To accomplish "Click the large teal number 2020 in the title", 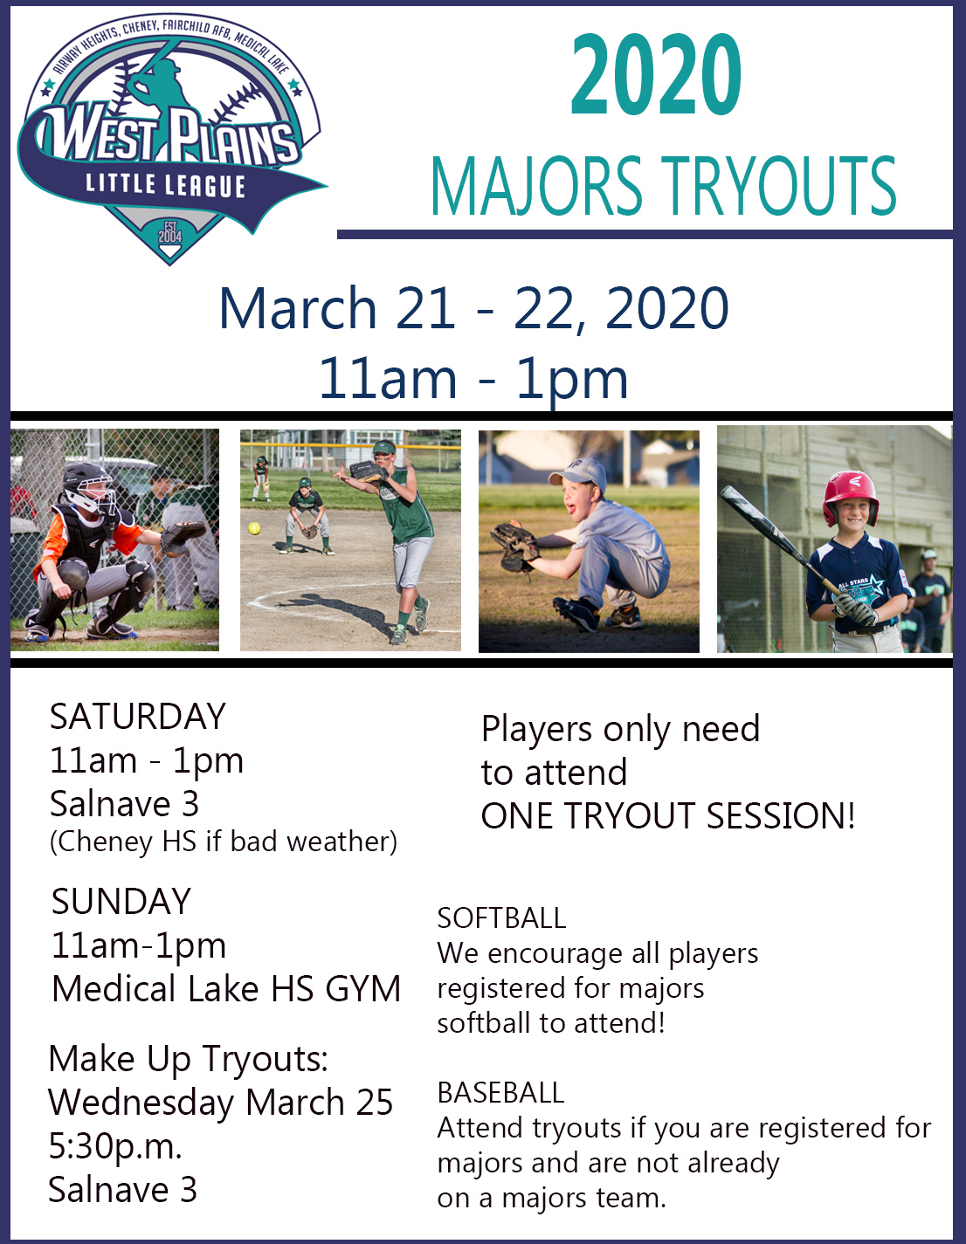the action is pos(656,74).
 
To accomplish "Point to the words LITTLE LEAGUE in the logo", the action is pos(165,185).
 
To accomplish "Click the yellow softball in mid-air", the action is pos(254,528).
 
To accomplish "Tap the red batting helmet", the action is pos(851,497).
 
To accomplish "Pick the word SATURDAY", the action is pos(138,716).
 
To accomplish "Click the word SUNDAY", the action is pos(121,901).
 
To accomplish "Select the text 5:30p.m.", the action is pos(115,1148).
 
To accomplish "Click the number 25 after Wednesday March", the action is pos(375,1102).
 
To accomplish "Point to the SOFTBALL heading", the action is pos(501,918).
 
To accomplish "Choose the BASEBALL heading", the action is pos(501,1093).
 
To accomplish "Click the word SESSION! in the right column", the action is pos(781,815).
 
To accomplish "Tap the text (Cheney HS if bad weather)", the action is pos(224,842).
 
